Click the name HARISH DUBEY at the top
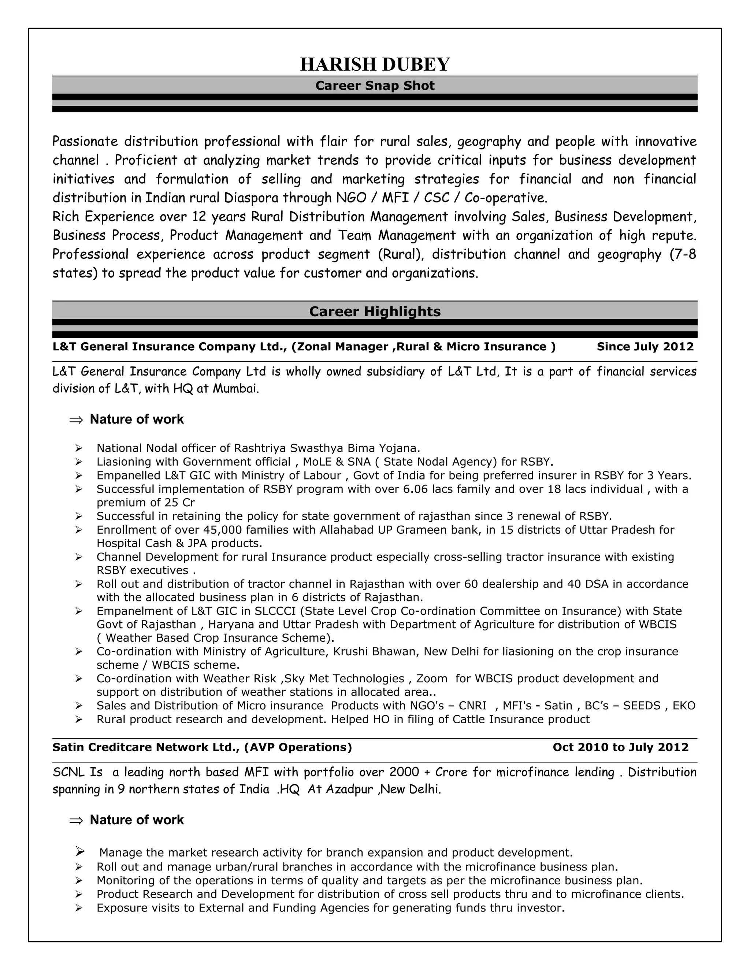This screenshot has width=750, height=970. click(375, 64)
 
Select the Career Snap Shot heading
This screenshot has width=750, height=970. click(375, 86)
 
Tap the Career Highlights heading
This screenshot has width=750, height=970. click(375, 311)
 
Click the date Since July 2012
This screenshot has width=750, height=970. click(645, 346)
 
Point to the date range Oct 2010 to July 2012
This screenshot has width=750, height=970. click(620, 747)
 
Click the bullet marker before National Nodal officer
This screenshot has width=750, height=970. click(79, 448)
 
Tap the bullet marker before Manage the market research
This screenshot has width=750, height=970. click(79, 851)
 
